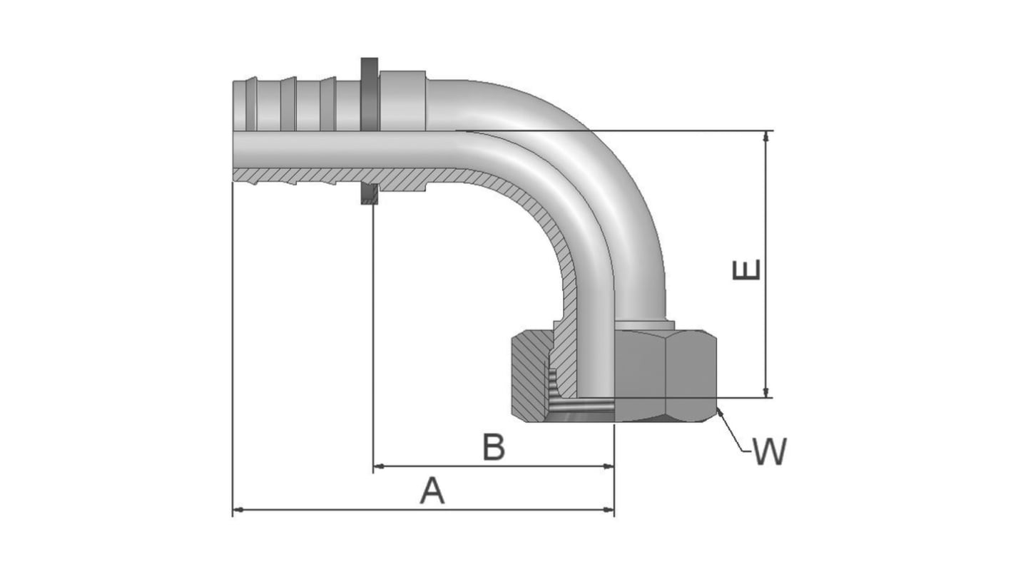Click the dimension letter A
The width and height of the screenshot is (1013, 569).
point(432,491)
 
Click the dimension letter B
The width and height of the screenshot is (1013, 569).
point(494,448)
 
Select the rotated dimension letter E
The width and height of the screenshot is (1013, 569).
point(748,270)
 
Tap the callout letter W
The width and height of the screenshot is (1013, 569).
point(770,452)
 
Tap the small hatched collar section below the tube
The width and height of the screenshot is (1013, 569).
point(369,194)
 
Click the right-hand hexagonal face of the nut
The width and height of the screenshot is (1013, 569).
point(691,374)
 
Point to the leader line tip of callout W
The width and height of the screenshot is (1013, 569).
point(718,409)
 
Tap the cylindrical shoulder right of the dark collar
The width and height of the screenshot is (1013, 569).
point(402,100)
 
